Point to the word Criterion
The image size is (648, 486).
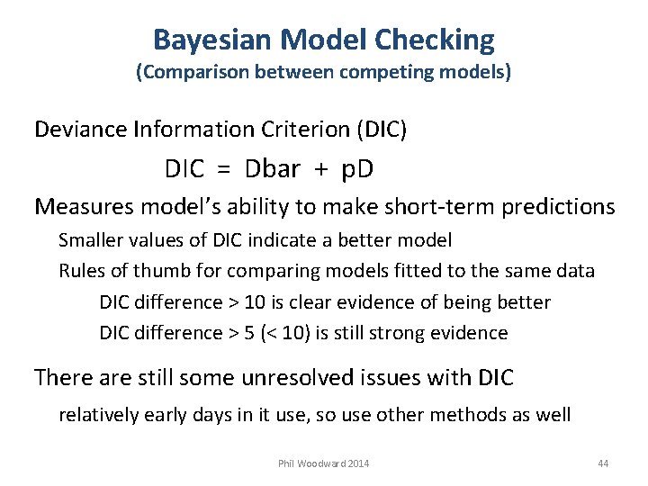pos(308,130)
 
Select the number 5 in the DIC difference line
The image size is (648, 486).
pos(240,334)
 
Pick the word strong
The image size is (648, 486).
pos(399,334)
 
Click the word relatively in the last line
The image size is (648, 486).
pos(99,416)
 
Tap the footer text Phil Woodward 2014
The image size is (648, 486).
pos(323,463)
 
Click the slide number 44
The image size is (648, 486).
pos(603,463)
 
